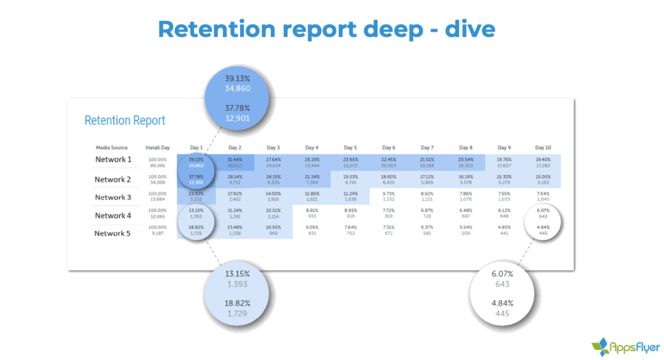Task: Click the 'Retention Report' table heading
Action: (124, 120)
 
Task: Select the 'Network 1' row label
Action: (113, 160)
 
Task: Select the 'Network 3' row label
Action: (113, 197)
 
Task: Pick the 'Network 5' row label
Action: (113, 234)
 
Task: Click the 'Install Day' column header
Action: (158, 147)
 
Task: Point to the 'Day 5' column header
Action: (350, 147)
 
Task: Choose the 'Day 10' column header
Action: (542, 147)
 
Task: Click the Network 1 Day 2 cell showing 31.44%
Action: (234, 162)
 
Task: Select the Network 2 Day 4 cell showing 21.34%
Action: (311, 180)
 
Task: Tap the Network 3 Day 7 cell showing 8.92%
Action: (427, 197)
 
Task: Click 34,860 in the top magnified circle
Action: (237, 88)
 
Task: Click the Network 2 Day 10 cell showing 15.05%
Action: (542, 180)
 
